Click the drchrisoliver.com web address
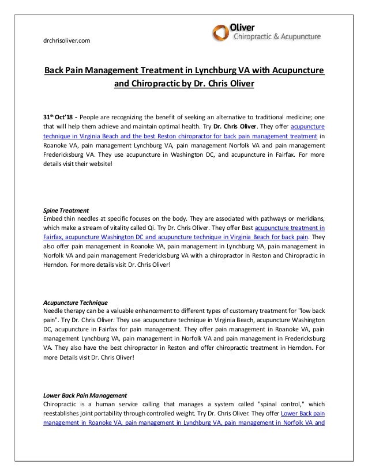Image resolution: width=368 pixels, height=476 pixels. (67, 40)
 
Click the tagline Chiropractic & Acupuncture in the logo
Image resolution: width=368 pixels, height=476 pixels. (276, 37)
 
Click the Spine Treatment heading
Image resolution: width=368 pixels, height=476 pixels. (66, 210)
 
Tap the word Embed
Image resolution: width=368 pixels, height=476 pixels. (54, 218)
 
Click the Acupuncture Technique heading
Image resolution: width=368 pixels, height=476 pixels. (76, 302)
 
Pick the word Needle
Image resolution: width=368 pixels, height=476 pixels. (54, 311)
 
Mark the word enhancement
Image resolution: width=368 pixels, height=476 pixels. (155, 311)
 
